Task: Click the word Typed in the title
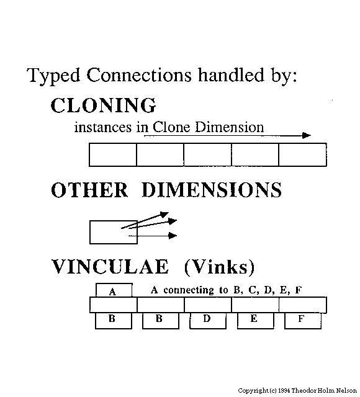tap(53, 76)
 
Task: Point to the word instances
tap(103, 127)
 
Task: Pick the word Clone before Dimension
tap(171, 127)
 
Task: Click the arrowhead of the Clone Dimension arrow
tap(307, 135)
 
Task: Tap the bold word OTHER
tap(89, 190)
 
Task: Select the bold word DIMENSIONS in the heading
tap(212, 190)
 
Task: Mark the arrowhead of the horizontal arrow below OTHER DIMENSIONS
tap(173, 236)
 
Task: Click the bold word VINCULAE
tap(110, 267)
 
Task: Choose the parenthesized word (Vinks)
tap(219, 267)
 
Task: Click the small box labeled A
tap(114, 290)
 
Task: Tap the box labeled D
tap(208, 321)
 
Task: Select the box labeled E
tap(255, 321)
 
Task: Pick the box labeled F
tap(303, 321)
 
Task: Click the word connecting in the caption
tap(189, 290)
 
